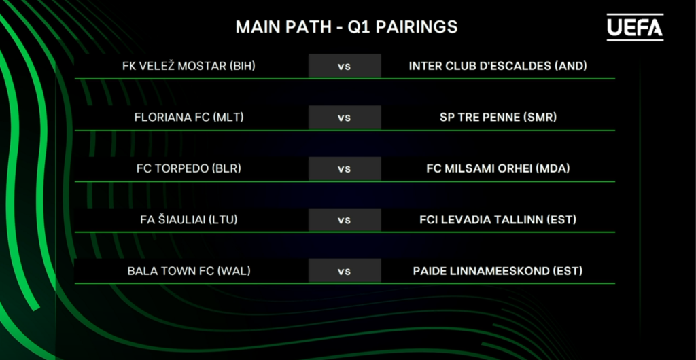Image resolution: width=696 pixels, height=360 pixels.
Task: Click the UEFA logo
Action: point(635,27)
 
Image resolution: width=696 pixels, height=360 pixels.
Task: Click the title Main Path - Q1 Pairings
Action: point(346,27)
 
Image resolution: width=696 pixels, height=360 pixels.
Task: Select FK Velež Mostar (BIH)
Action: point(189,66)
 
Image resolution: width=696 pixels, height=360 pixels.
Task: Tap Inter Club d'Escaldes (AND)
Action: point(498,66)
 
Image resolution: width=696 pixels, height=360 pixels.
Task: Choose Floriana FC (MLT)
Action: point(189,118)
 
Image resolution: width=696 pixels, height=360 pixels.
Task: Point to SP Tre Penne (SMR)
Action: point(498,118)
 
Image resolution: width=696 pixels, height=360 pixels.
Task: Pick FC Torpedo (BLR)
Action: point(189,169)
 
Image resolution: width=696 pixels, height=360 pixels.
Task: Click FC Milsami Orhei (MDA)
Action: point(498,169)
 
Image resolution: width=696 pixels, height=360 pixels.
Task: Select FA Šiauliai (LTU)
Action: point(189,219)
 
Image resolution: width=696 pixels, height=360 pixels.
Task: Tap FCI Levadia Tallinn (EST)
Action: point(498,219)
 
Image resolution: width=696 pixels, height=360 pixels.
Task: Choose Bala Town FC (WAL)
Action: point(189,271)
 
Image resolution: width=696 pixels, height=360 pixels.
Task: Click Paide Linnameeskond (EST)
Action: point(498,271)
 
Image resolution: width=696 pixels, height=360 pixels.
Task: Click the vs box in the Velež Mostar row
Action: point(345,66)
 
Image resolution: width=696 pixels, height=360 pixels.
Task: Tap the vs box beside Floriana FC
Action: point(345,118)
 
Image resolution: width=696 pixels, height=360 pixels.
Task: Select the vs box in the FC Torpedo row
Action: point(345,169)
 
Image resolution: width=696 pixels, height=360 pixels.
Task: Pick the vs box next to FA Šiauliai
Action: point(345,220)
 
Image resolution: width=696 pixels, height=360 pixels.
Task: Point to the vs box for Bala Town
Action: point(345,271)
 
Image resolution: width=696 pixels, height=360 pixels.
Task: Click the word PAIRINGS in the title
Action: point(417,27)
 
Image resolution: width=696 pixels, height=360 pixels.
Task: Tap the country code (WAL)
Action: point(234,271)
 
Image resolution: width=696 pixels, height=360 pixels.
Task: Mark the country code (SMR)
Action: point(540,118)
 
